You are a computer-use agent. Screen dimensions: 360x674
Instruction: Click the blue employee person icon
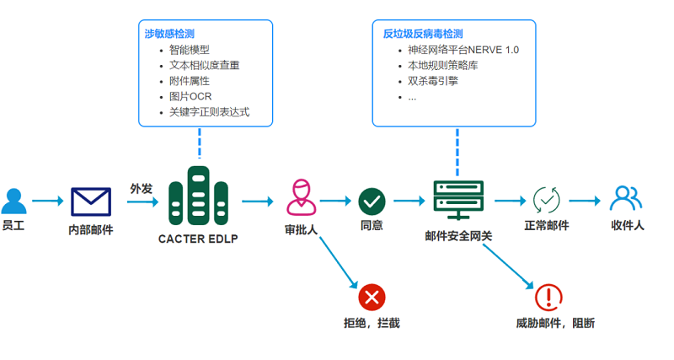click(13, 201)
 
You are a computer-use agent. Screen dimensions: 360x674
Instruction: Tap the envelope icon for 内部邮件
click(91, 201)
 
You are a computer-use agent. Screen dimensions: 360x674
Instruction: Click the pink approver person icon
click(300, 197)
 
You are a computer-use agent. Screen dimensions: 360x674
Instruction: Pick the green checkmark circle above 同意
click(372, 201)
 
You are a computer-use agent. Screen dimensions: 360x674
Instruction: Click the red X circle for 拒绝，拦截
click(372, 297)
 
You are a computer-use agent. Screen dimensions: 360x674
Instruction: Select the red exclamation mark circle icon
click(548, 297)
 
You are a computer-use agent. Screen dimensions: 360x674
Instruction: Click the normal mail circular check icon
click(546, 200)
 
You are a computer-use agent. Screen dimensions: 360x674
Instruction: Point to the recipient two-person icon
click(626, 198)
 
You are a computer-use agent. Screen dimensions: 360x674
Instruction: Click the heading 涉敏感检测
click(169, 34)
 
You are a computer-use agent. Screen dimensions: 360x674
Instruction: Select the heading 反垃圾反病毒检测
click(423, 34)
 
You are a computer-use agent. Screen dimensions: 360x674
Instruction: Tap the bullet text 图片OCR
click(190, 96)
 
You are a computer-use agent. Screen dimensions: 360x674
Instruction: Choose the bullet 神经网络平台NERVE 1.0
click(463, 51)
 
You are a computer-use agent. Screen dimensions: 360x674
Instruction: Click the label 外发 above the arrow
click(141, 188)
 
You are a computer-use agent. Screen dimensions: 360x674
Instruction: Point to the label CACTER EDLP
click(198, 239)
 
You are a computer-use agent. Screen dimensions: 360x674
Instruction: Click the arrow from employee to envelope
click(47, 201)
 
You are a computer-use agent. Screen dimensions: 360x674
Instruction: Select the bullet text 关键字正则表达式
click(209, 111)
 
